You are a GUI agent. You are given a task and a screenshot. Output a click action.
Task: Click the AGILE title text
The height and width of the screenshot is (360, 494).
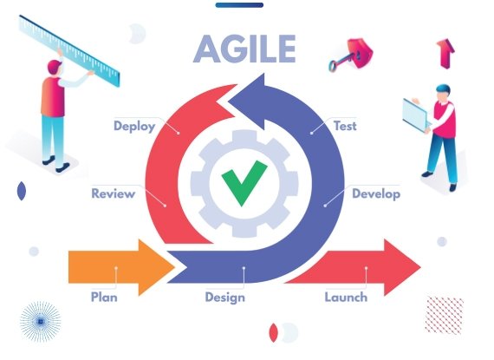coord(244,49)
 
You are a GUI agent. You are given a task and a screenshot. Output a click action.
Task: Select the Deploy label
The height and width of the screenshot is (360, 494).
coord(134,126)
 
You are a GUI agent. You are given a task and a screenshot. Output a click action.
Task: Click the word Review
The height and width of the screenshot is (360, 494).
coord(114,193)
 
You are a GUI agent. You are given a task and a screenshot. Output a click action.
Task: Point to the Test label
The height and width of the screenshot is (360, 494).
coord(345,126)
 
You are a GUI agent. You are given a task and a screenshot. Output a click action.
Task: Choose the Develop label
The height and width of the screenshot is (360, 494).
coord(376,193)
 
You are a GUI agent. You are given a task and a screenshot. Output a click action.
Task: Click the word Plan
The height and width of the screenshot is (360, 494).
coord(104,297)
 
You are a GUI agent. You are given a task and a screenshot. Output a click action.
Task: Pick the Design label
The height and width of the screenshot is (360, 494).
coord(225,298)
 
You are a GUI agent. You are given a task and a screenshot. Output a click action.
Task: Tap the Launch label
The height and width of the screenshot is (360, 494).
coord(346,297)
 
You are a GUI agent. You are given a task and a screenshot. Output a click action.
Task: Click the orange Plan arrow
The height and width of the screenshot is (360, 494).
coord(121,267)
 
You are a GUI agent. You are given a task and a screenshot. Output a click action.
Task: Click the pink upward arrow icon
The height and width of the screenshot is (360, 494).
coord(445,54)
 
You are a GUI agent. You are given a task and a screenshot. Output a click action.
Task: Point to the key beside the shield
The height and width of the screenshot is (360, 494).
coord(341,62)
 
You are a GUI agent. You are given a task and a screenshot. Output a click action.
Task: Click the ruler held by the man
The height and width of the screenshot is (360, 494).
coord(69,50)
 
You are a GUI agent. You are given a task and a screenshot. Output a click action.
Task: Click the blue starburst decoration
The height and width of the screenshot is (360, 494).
coord(41,322)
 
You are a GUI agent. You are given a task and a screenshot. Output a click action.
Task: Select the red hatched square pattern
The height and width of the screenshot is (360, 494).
coord(445,315)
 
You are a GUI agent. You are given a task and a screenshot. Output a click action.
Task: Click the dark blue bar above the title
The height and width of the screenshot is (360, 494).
coord(239,5)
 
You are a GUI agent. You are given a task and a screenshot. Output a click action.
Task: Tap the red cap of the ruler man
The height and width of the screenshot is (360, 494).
coord(55,65)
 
